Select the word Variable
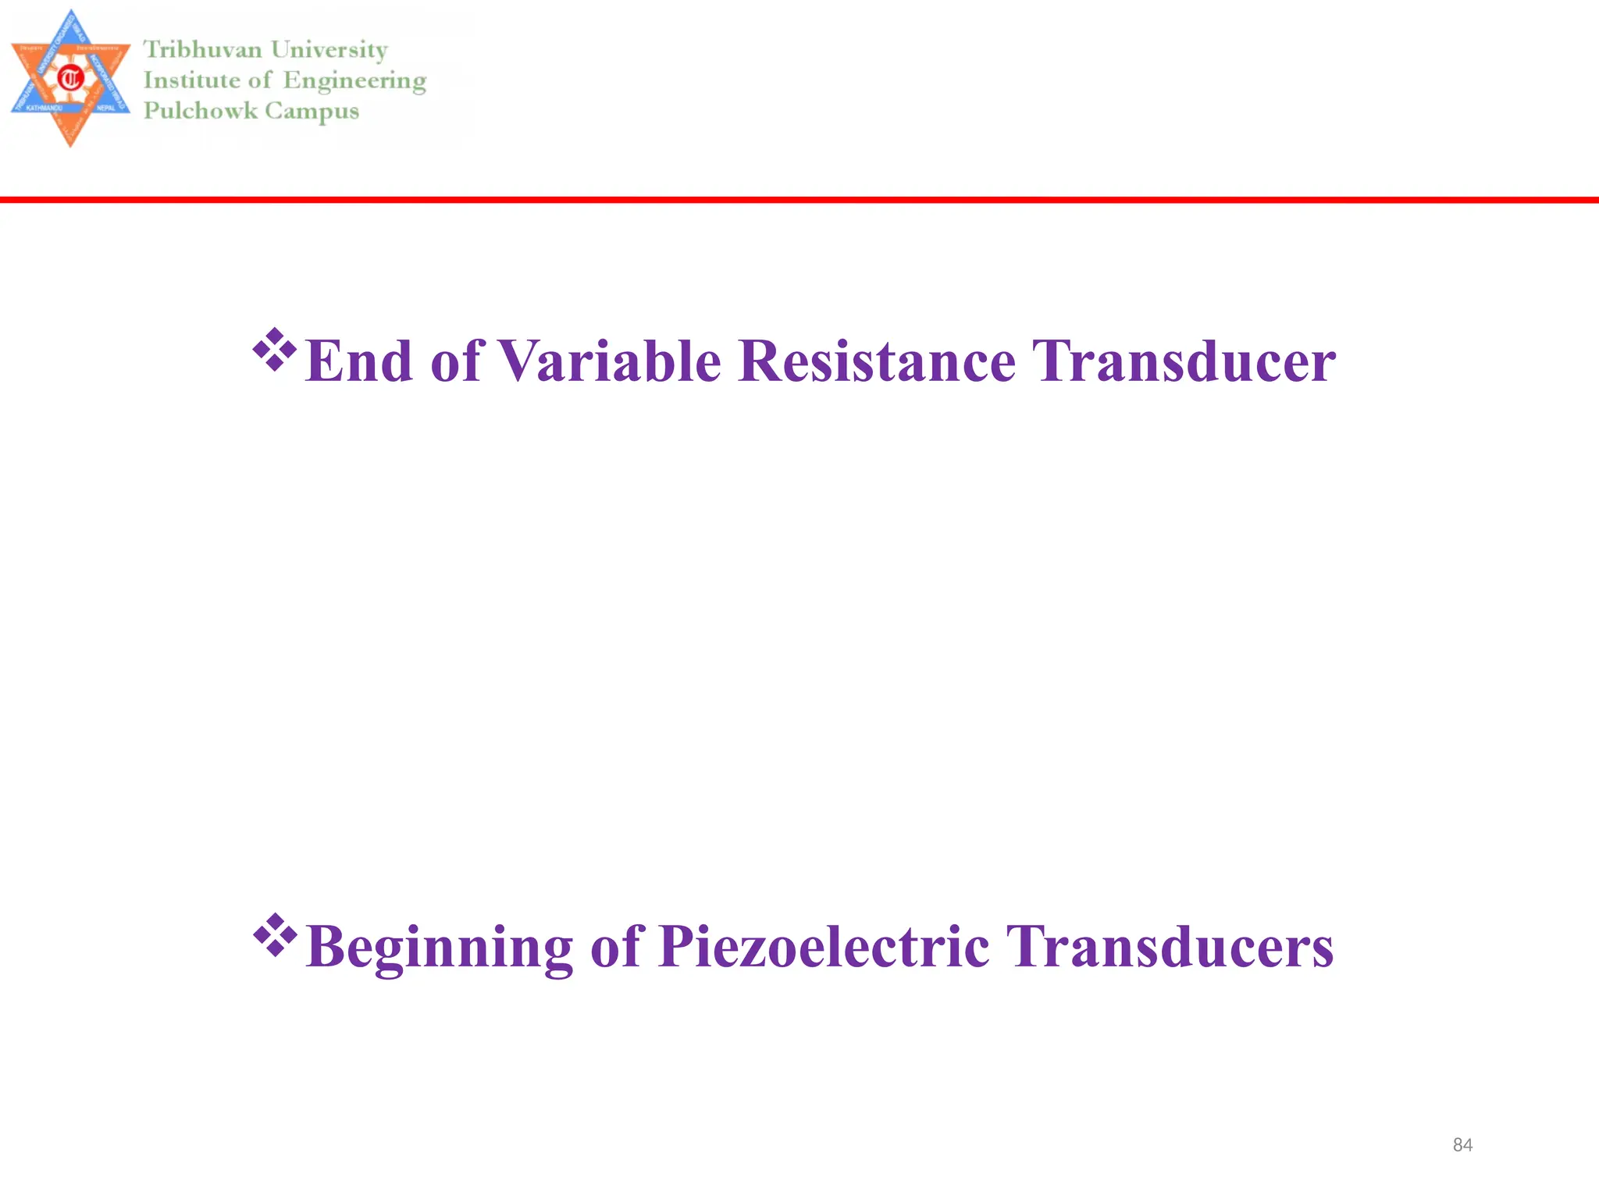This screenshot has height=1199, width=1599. pyautogui.click(x=609, y=361)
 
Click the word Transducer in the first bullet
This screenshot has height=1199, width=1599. pyautogui.click(x=1184, y=361)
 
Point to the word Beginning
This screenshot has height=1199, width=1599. pyautogui.click(x=440, y=947)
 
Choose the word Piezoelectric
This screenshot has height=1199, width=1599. pyautogui.click(x=824, y=947)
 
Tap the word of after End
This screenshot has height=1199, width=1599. pyautogui.click(x=455, y=361)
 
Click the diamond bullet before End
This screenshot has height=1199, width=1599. pyautogui.click(x=275, y=349)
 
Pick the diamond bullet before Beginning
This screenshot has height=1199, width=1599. pyautogui.click(x=275, y=934)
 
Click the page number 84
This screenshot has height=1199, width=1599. pyautogui.click(x=1462, y=1145)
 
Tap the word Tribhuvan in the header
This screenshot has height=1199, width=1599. pyautogui.click(x=202, y=50)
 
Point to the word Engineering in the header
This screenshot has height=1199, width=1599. pyautogui.click(x=354, y=81)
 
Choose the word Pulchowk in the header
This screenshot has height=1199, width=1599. pyautogui.click(x=200, y=111)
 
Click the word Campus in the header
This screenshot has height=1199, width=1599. pyautogui.click(x=312, y=112)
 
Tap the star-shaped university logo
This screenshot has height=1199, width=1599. pyautogui.click(x=70, y=78)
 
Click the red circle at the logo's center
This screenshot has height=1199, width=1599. pyautogui.click(x=71, y=78)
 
